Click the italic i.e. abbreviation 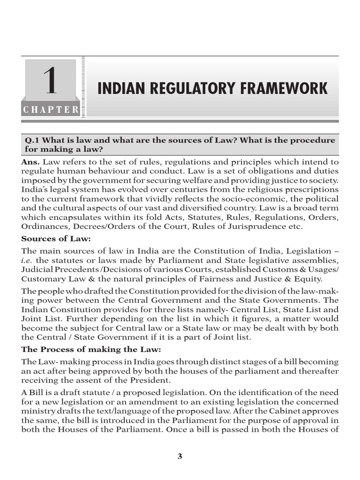click(x=29, y=261)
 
